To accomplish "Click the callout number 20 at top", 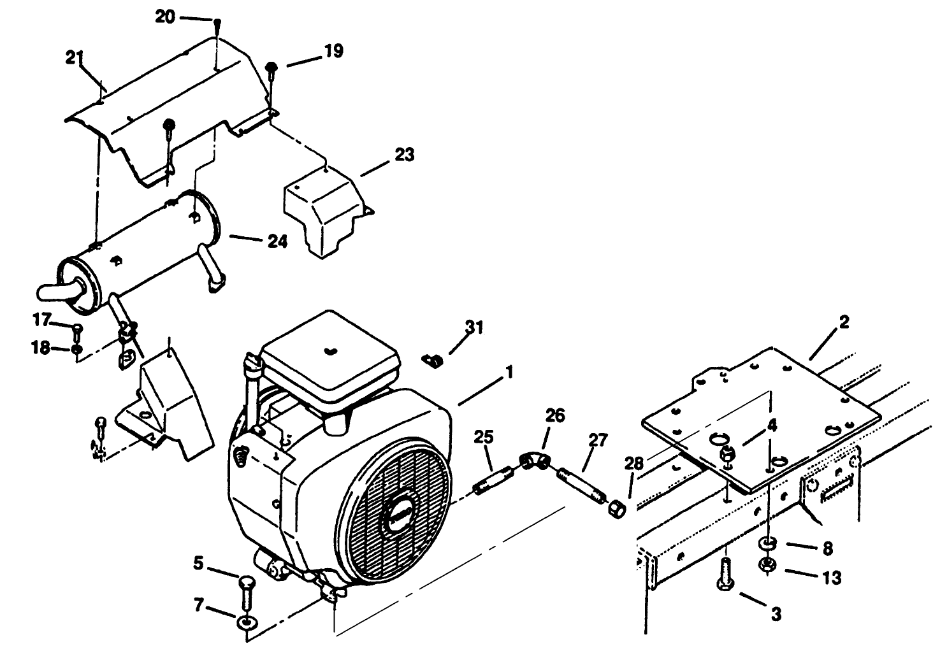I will point(165,17).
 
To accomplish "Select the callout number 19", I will point(333,51).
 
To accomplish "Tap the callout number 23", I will point(404,155).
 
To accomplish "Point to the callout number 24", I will point(277,241).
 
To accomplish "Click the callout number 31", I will point(474,327).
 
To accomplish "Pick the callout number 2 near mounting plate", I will point(843,322).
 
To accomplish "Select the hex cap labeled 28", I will point(616,510).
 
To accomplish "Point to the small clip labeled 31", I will point(433,361).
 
